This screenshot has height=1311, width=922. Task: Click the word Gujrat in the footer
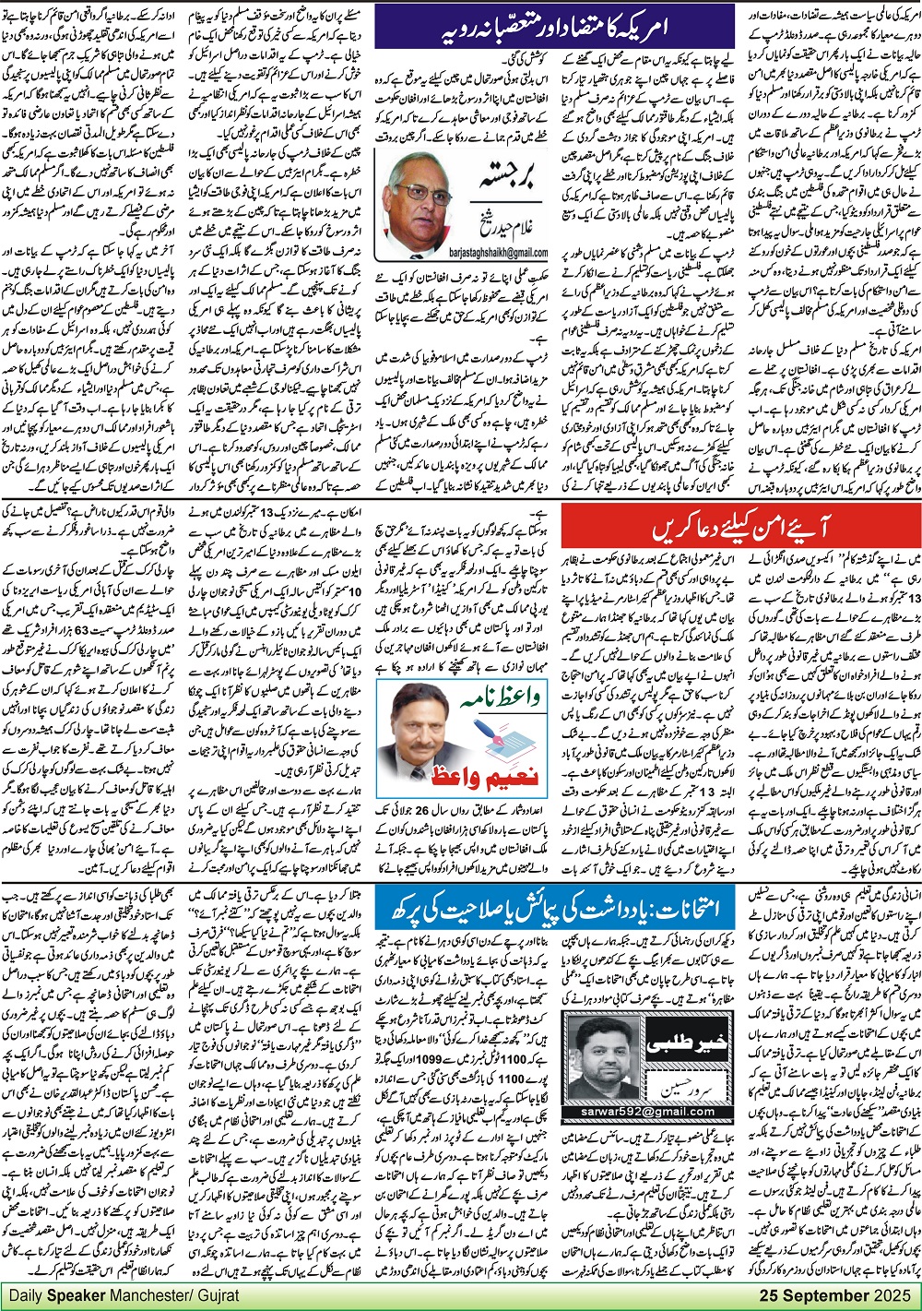point(219,1296)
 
